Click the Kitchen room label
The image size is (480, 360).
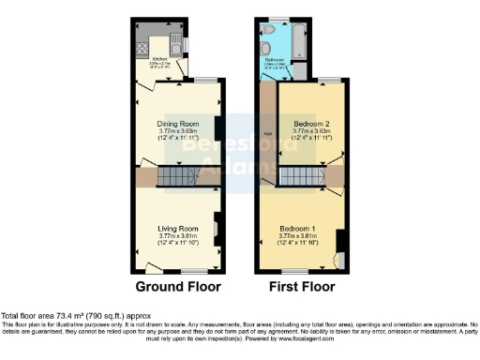pos(158,57)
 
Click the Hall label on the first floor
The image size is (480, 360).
pos(266,132)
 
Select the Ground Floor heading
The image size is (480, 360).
pos(176,286)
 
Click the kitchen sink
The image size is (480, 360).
pos(177,44)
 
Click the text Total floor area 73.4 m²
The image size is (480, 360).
pos(75,317)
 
